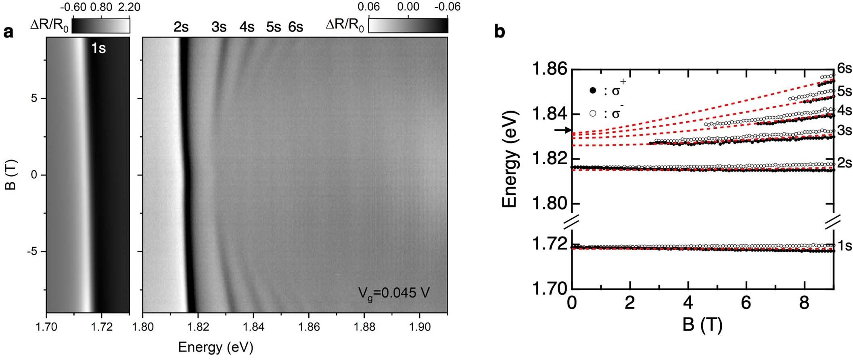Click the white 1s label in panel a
(98, 48)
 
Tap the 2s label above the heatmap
(181, 27)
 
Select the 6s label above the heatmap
(295, 27)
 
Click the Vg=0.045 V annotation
(394, 293)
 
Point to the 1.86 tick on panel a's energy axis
(309, 326)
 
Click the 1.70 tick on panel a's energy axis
(46, 326)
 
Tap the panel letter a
(8, 32)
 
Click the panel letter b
(500, 32)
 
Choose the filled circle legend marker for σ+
(593, 91)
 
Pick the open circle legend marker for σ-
(593, 114)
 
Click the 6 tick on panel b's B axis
(746, 303)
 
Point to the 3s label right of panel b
(844, 130)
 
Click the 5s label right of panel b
(844, 91)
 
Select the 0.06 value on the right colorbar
(369, 7)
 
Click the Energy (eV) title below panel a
(215, 347)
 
